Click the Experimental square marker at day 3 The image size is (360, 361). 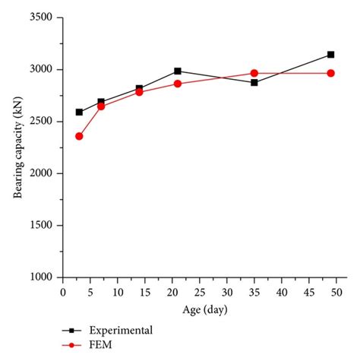coord(79,112)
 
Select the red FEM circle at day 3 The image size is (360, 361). coord(79,136)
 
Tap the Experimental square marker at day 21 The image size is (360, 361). coord(178,71)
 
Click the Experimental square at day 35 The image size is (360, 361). coord(254,82)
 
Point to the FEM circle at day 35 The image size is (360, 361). coord(254,73)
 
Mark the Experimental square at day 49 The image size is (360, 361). coord(330,55)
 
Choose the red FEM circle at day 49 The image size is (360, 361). coord(330,73)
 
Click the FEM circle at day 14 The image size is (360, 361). coord(139,92)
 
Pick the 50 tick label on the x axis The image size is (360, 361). coord(336,292)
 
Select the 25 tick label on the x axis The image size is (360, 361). coord(199,292)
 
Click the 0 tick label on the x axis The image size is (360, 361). coord(63,292)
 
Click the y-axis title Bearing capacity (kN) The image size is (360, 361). coord(17,147)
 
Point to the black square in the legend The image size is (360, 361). coord(71,331)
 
